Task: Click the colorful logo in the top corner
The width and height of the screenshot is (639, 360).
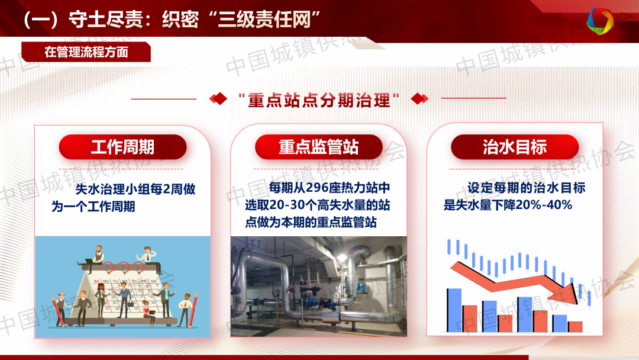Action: pyautogui.click(x=600, y=21)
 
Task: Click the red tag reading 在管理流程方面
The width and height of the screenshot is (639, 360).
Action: pyautogui.click(x=86, y=52)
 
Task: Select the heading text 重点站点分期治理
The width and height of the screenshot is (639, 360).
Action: pyautogui.click(x=319, y=100)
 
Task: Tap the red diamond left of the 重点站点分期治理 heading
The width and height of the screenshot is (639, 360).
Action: pyautogui.click(x=218, y=99)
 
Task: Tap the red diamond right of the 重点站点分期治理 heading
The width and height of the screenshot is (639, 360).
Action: pyautogui.click(x=419, y=99)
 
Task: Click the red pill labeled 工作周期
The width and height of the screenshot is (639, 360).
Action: pyautogui.click(x=122, y=147)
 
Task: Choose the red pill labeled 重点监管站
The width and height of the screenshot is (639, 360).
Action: pyautogui.click(x=319, y=147)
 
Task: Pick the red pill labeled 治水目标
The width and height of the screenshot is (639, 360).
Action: pyautogui.click(x=515, y=147)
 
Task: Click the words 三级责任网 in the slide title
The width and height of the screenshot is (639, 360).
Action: pyautogui.click(x=264, y=19)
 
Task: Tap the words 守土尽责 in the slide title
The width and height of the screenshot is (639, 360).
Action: pyautogui.click(x=106, y=19)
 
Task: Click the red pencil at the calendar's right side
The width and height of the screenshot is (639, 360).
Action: pyautogui.click(x=193, y=308)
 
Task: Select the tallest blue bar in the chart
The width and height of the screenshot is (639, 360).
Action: pyautogui.click(x=454, y=310)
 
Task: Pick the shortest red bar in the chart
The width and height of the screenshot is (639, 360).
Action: pyautogui.click(x=575, y=327)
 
